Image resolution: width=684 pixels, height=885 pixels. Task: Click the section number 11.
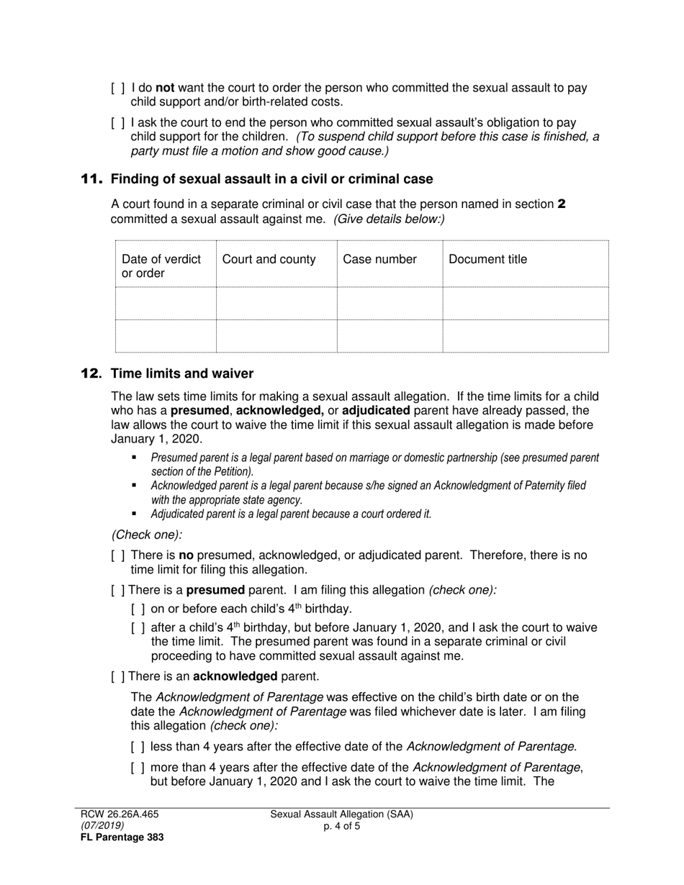(x=91, y=178)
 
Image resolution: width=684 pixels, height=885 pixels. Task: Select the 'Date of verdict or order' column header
(x=161, y=266)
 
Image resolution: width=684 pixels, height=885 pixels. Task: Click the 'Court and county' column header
(x=269, y=260)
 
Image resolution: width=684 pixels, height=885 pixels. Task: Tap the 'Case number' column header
(x=379, y=260)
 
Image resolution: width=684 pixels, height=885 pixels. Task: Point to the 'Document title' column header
(x=487, y=260)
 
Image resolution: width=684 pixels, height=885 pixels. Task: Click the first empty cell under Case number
(x=389, y=304)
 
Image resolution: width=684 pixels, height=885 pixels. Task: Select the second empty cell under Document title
(x=525, y=336)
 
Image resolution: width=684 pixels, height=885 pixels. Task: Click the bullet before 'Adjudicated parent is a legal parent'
(x=134, y=514)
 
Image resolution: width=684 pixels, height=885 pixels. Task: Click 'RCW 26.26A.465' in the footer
(x=119, y=814)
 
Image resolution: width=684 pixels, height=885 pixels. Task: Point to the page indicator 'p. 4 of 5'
(x=342, y=826)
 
